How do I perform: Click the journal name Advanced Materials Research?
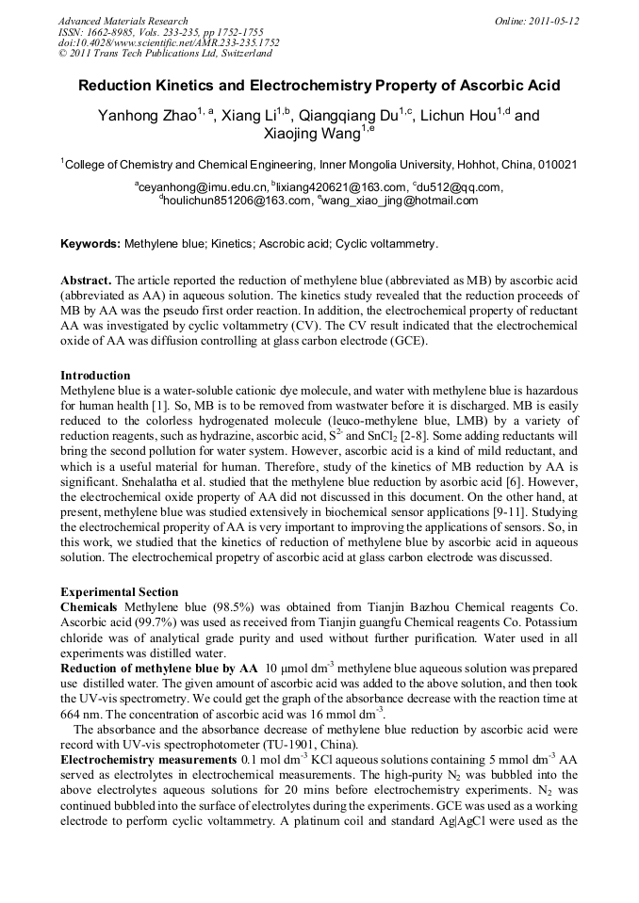(123, 21)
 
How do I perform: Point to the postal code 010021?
(556, 164)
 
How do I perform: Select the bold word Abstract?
(86, 282)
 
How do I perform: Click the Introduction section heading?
(95, 376)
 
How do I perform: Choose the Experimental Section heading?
(119, 592)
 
